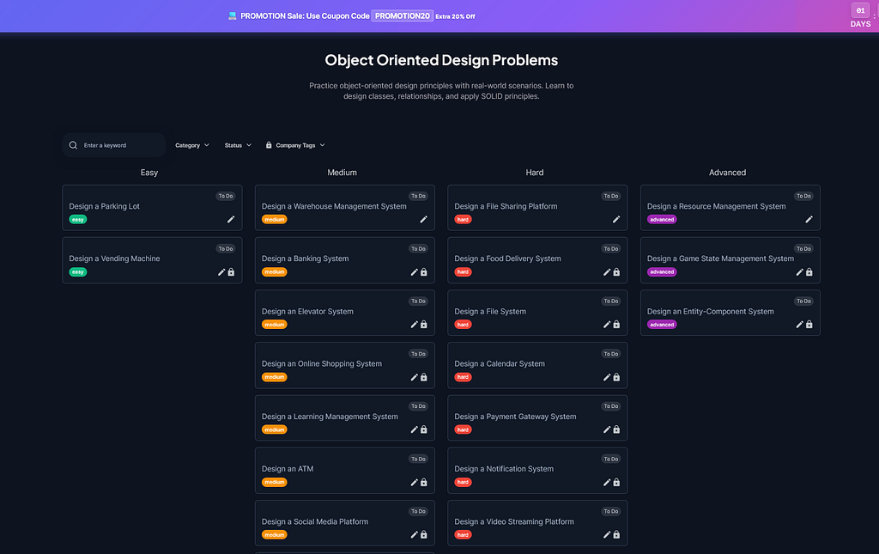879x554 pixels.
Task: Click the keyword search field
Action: pos(114,145)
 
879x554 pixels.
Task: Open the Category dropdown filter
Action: pos(192,145)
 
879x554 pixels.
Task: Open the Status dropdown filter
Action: pos(238,145)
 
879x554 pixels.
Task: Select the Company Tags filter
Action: pos(295,145)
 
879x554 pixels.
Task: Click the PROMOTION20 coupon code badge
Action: pos(402,15)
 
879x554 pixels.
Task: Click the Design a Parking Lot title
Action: pos(104,206)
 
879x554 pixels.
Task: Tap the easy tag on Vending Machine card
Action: pos(78,272)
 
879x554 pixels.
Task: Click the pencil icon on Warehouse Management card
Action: pos(423,219)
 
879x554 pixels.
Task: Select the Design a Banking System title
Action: pos(305,259)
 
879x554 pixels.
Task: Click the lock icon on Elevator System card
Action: pos(424,325)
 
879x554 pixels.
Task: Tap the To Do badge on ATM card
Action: pos(418,459)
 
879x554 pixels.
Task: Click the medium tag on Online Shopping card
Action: pos(274,377)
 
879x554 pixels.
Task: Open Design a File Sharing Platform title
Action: pos(506,206)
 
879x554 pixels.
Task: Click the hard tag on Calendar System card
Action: pos(463,377)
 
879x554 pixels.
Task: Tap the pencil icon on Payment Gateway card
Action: pos(607,429)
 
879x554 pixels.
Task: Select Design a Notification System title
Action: pos(504,469)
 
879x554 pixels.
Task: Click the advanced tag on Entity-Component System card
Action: pos(662,325)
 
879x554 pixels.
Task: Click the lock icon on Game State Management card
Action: pos(809,272)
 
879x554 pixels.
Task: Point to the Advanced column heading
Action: pos(727,173)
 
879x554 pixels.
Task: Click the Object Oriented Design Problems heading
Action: pos(441,60)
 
